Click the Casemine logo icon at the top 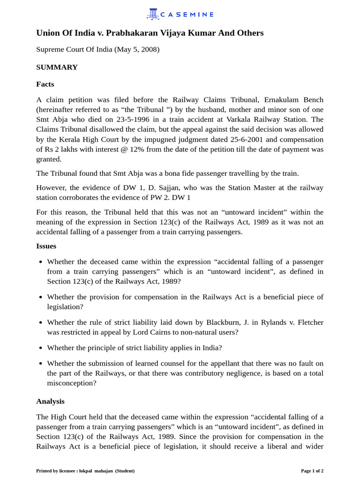[153, 14]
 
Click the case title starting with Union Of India [150, 33]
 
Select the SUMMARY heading [57, 67]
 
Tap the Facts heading [45, 84]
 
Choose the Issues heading [46, 246]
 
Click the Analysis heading [50, 401]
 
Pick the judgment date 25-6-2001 [231, 139]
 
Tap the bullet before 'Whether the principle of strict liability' [41, 348]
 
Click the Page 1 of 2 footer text [312, 471]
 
